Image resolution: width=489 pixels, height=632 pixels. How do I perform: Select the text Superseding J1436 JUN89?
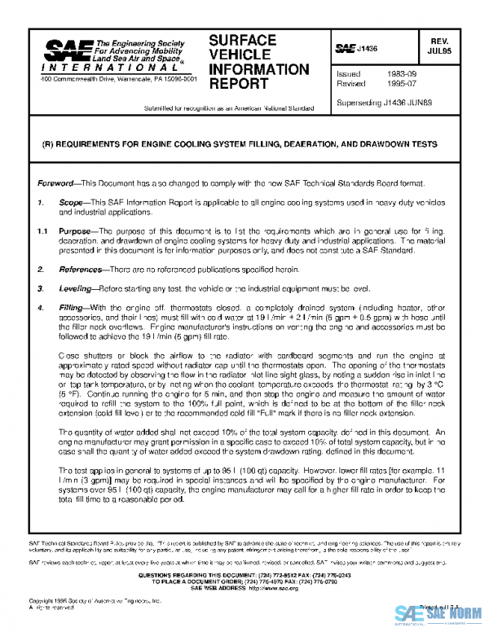point(386,102)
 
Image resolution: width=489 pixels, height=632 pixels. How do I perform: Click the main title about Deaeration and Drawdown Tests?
point(239,143)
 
